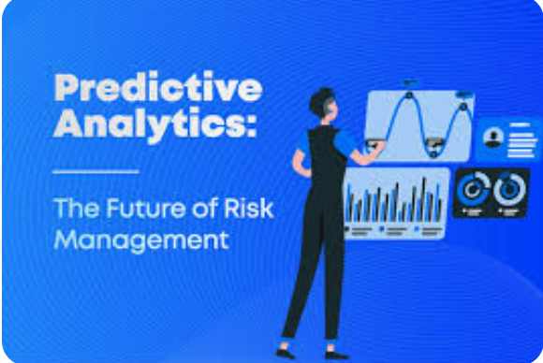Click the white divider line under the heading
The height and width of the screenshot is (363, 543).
95,171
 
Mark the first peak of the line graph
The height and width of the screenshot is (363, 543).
409,89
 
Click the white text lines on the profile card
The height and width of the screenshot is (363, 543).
523,139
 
